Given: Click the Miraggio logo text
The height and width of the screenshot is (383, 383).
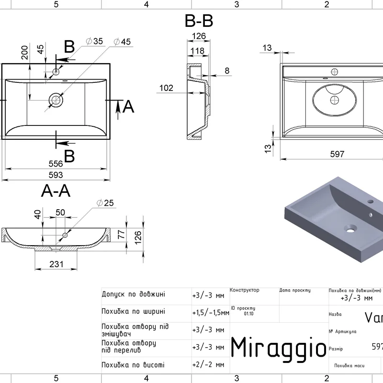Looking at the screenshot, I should [x=279, y=347].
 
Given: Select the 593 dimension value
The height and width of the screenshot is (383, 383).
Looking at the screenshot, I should [x=56, y=175].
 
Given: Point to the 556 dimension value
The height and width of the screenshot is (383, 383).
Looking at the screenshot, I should [x=56, y=163].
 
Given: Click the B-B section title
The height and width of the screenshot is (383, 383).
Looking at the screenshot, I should [x=199, y=22].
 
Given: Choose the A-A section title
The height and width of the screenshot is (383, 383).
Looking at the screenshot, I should [x=56, y=191].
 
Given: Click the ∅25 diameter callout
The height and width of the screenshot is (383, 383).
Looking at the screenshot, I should [x=105, y=203].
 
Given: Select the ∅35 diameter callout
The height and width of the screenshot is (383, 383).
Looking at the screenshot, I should [x=94, y=42].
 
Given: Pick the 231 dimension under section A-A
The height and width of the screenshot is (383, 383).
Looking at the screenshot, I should [x=57, y=263].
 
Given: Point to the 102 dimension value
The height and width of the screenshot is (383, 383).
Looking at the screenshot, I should [x=166, y=88].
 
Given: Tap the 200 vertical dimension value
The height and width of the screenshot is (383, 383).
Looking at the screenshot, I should [x=24, y=53].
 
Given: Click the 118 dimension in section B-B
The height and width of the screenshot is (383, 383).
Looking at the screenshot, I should [x=197, y=51].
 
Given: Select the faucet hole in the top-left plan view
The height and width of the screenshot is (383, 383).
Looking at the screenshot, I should [x=56, y=72].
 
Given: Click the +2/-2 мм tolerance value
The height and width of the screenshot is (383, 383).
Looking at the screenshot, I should [x=208, y=365].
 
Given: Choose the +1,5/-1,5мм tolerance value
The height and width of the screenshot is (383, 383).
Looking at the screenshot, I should [x=210, y=313].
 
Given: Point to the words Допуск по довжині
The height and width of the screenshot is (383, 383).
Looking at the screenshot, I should [x=133, y=294].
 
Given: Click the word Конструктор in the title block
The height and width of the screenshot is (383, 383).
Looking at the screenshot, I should [x=244, y=290].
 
